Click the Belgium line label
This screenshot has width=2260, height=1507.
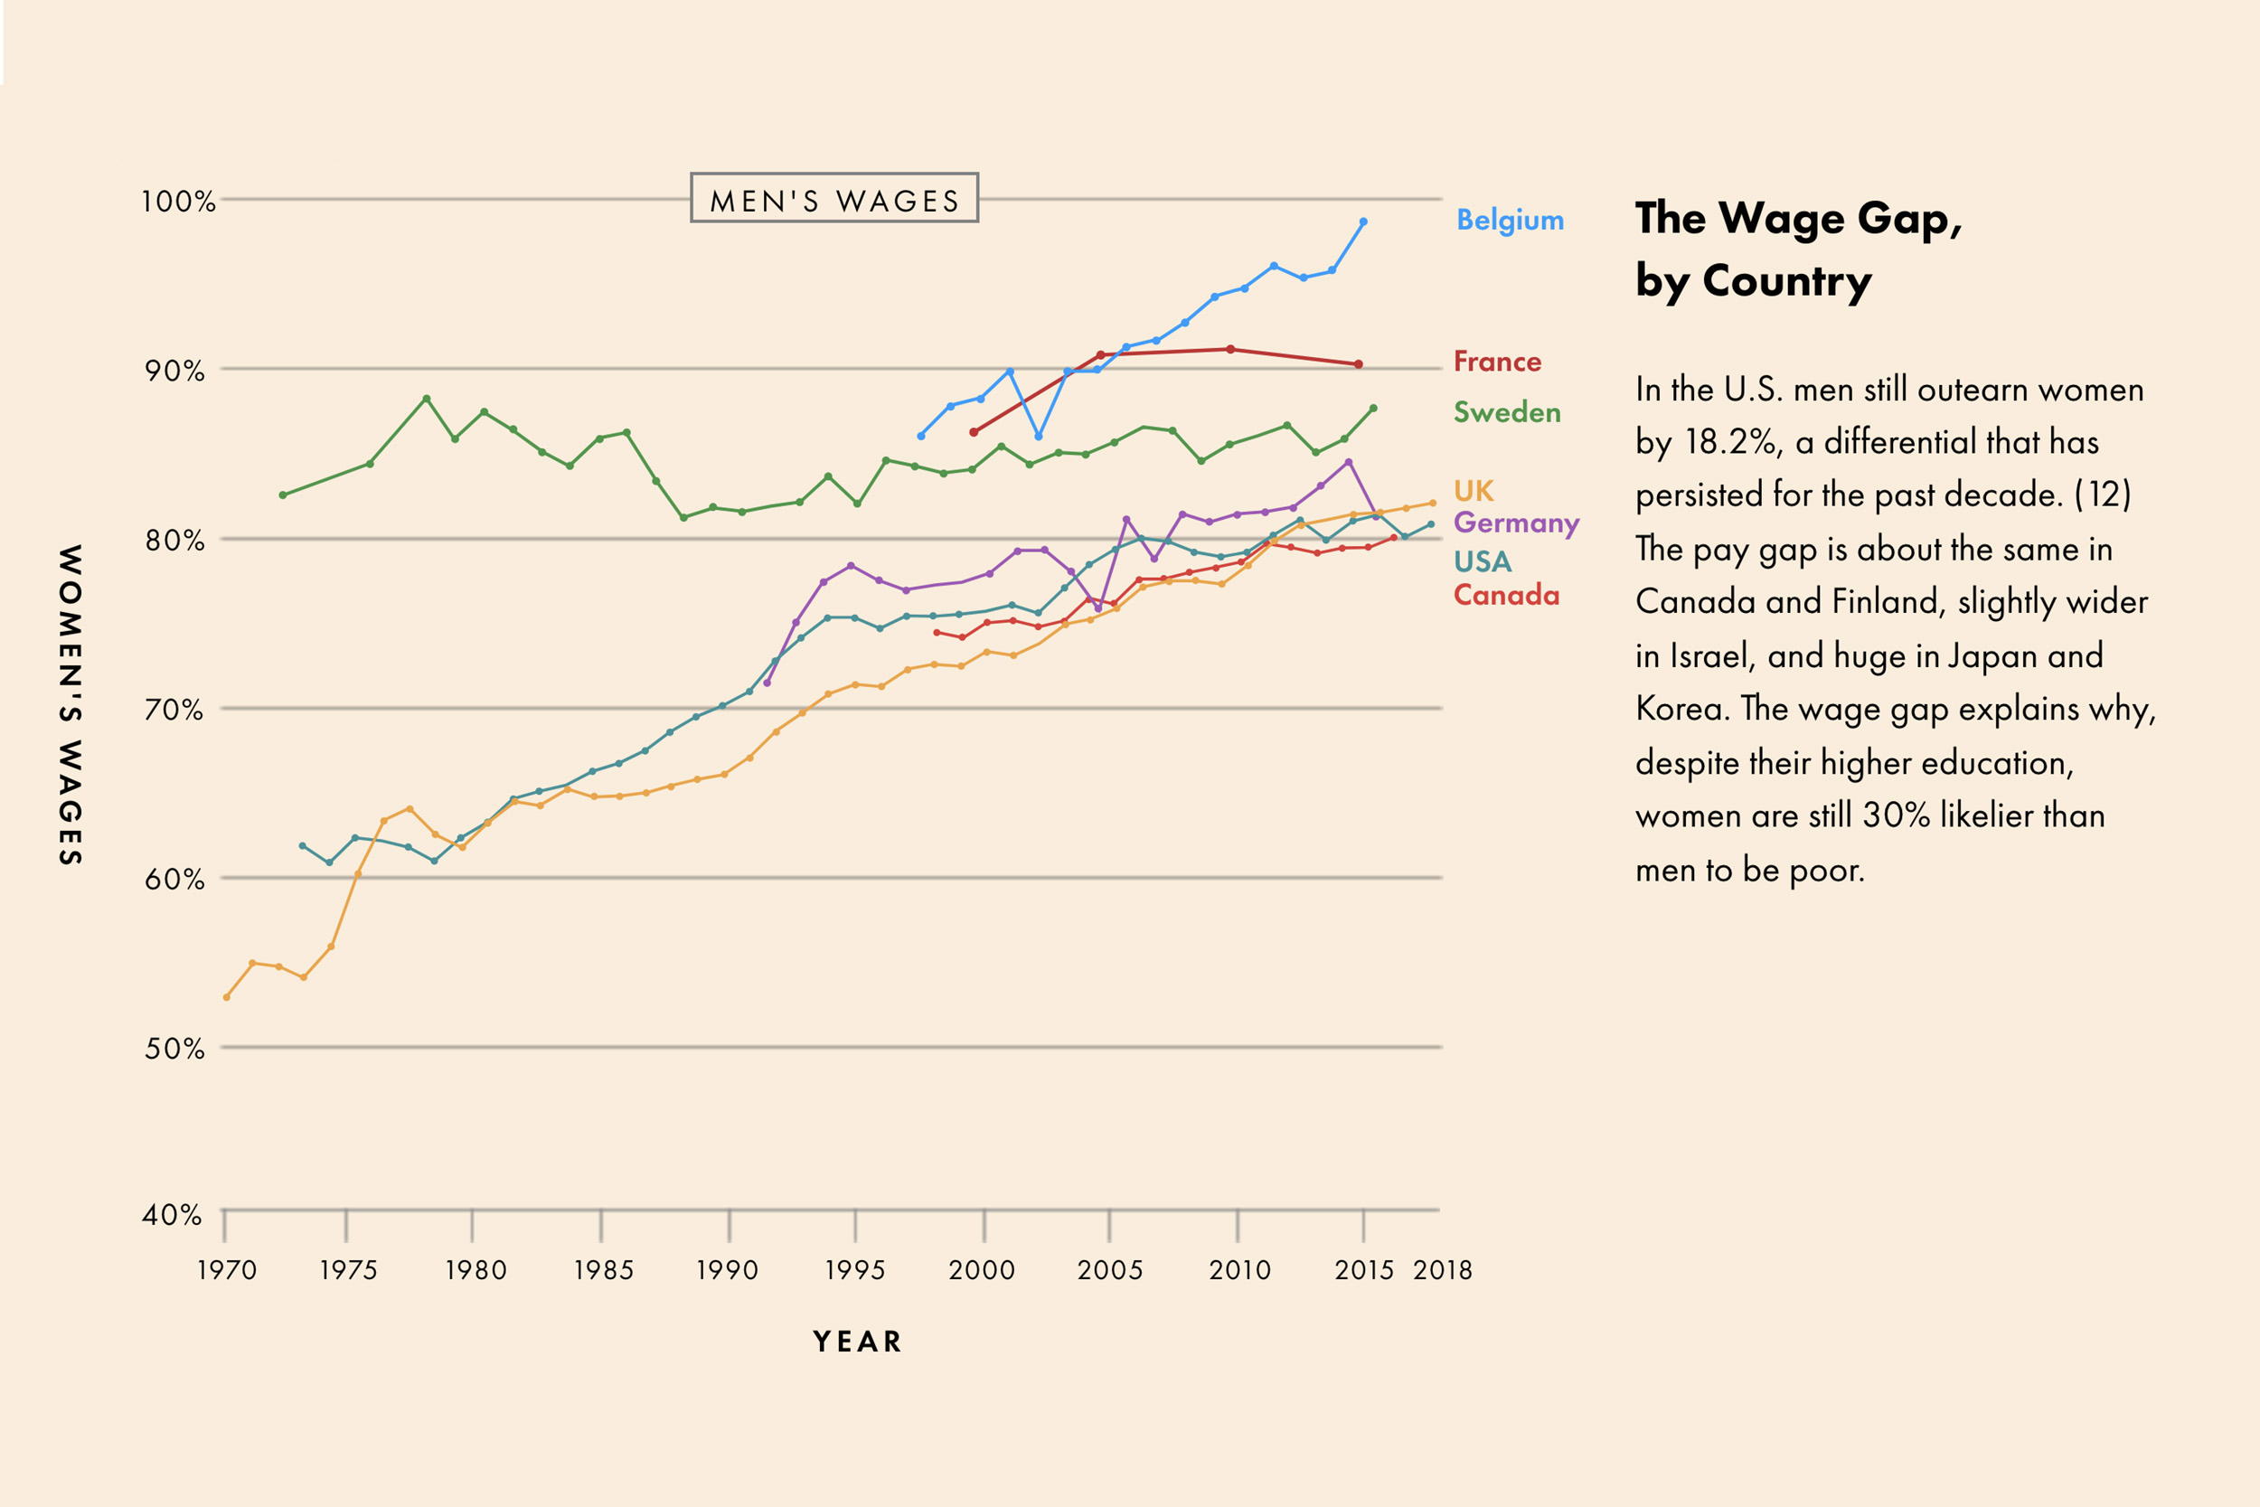pyautogui.click(x=1510, y=220)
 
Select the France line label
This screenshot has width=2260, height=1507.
pyautogui.click(x=1497, y=362)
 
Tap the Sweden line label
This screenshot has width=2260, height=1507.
pyautogui.click(x=1507, y=412)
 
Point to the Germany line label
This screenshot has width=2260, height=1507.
pyautogui.click(x=1515, y=523)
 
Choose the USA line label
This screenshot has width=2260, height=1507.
pyautogui.click(x=1482, y=561)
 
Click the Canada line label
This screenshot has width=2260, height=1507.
pyautogui.click(x=1506, y=595)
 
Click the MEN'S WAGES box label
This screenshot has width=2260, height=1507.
pyautogui.click(x=834, y=199)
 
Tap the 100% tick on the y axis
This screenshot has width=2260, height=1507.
pyautogui.click(x=178, y=201)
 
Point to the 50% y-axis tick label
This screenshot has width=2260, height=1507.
pyautogui.click(x=174, y=1048)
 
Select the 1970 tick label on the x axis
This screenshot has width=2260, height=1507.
pyautogui.click(x=227, y=1270)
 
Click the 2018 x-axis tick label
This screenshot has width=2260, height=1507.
pyautogui.click(x=1442, y=1270)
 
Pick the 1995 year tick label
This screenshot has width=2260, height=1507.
pyautogui.click(x=854, y=1270)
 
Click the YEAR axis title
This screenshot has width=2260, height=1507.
pyautogui.click(x=857, y=1341)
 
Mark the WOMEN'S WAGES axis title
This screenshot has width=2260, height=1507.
pyautogui.click(x=71, y=704)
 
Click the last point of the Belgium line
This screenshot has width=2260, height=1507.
pyautogui.click(x=1363, y=222)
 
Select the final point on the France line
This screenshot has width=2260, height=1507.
pyautogui.click(x=1358, y=364)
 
